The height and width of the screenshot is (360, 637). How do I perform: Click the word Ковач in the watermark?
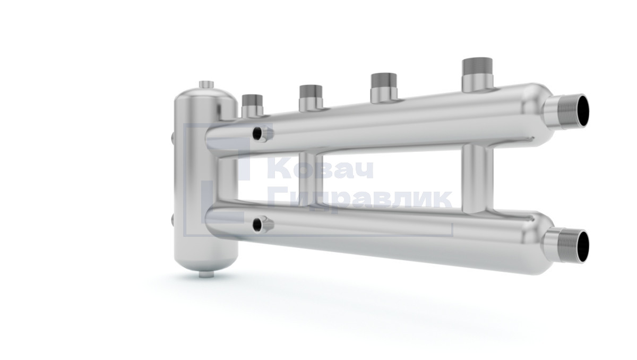[321, 170]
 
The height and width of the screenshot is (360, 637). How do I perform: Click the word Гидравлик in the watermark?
[360, 200]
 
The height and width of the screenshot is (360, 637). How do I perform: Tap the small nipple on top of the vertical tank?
[206, 84]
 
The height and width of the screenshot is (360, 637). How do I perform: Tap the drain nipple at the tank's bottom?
[206, 274]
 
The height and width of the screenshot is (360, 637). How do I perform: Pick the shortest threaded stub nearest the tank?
[252, 106]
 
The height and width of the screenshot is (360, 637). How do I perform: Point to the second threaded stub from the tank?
[311, 98]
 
